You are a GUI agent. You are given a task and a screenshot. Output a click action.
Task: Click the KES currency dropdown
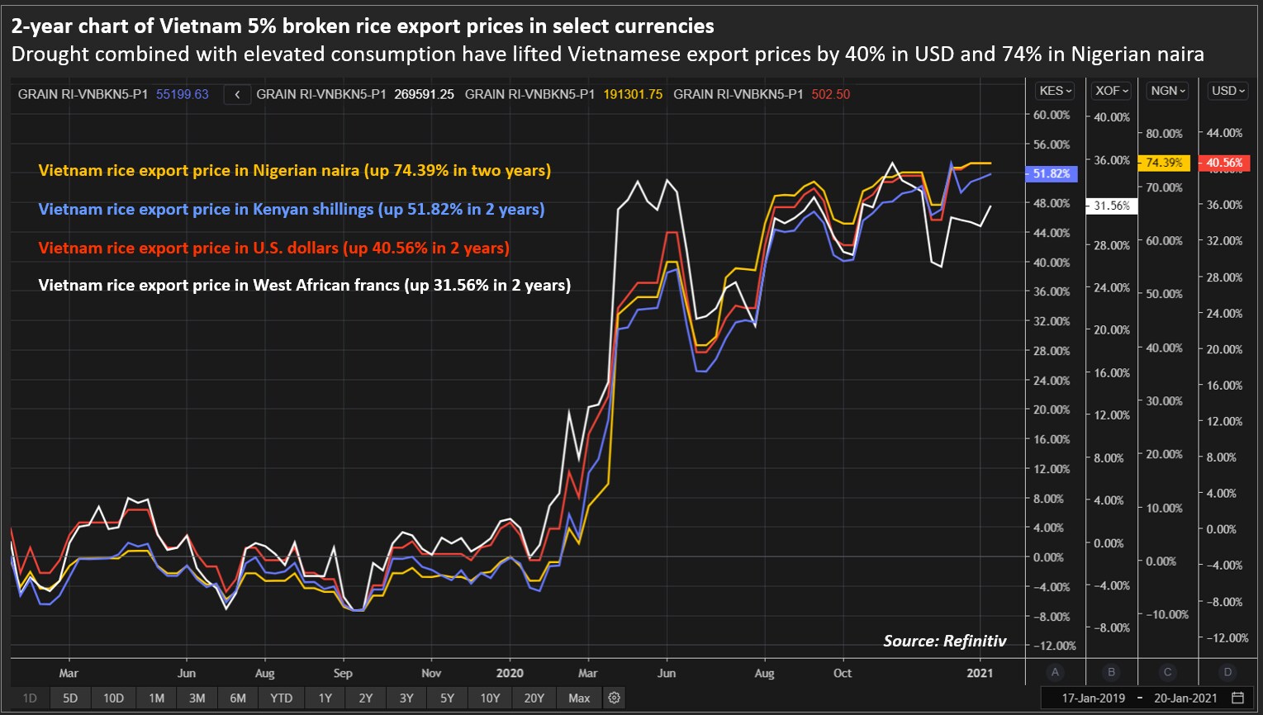click(1055, 91)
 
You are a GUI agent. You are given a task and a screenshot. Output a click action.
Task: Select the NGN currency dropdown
click(1167, 91)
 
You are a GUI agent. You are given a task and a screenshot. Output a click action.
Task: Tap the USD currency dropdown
click(1227, 91)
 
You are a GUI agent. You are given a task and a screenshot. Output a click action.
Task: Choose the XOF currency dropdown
click(1111, 91)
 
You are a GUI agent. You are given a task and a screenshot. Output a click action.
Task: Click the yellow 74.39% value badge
click(1164, 163)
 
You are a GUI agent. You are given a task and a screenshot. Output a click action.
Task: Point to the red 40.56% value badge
click(1223, 163)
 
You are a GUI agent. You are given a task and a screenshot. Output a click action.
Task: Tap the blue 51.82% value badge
click(1051, 173)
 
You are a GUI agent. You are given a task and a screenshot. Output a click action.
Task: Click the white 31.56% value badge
click(1111, 206)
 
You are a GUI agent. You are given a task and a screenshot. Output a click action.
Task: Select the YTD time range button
click(281, 698)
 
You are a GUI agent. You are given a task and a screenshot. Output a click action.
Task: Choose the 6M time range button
click(238, 698)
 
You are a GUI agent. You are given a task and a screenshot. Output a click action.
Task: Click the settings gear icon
click(614, 698)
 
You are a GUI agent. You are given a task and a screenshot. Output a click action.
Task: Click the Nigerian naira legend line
click(294, 171)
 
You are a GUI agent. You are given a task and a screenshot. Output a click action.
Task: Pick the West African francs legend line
click(304, 286)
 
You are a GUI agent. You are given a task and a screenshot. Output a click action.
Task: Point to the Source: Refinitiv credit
click(944, 641)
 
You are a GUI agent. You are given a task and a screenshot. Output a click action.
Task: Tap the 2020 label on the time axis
click(510, 673)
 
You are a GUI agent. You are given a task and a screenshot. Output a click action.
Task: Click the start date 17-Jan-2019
click(1093, 698)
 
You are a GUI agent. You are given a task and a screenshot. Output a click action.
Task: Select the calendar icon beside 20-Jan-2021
click(1237, 698)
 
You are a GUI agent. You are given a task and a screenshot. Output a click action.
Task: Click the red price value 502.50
click(830, 94)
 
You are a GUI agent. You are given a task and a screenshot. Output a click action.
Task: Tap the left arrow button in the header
click(237, 94)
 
